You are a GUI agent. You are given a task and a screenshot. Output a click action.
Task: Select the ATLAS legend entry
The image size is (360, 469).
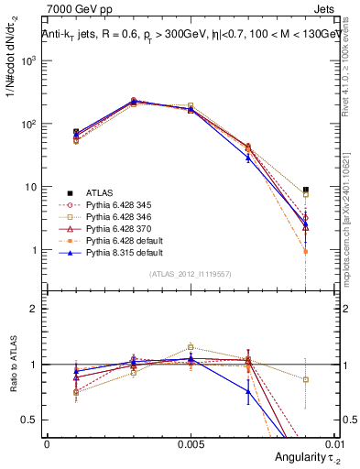(x=99, y=192)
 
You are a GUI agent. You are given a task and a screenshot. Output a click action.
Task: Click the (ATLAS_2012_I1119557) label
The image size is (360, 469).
(x=191, y=275)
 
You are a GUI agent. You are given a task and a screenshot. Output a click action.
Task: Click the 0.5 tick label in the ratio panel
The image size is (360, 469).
(x=32, y=420)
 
